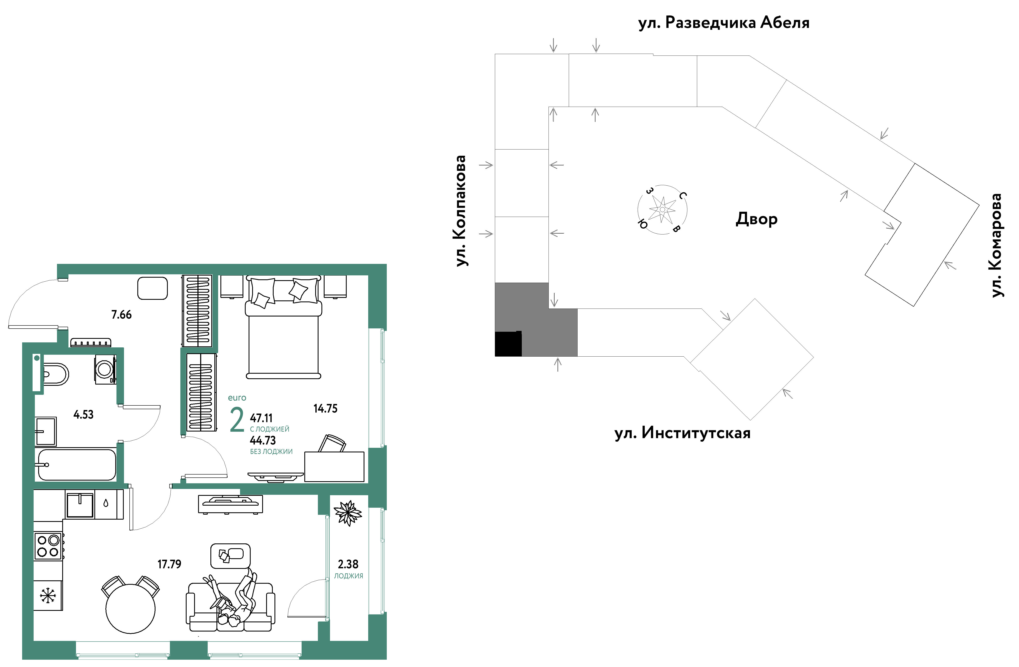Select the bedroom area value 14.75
[x=325, y=408]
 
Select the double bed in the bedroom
[x=283, y=328]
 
